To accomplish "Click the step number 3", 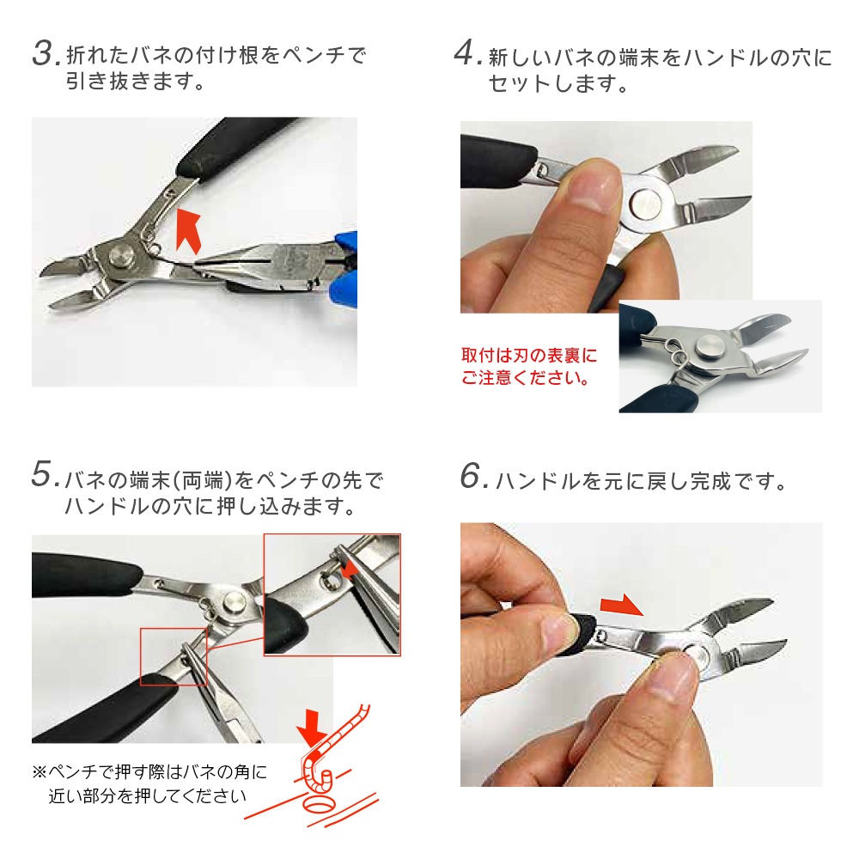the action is tap(44, 53).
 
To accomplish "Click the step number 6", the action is tap(472, 476).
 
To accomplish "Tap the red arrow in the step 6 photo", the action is tap(622, 605).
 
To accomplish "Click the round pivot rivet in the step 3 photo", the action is tap(121, 258).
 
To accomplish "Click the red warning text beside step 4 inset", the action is tap(528, 366).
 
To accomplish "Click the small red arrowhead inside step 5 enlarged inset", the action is tap(348, 571).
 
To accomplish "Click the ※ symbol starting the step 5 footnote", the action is tap(40, 772).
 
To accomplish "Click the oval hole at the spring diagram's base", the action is tap(318, 806).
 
